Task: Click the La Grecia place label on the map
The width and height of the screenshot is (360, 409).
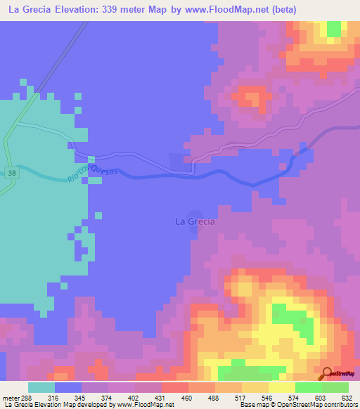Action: (x=195, y=221)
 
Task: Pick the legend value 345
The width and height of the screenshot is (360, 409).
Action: (x=82, y=398)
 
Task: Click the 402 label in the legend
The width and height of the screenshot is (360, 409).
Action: (x=135, y=398)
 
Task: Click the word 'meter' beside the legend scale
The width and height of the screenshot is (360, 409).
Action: (x=11, y=398)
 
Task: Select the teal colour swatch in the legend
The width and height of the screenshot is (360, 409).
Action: (x=41, y=387)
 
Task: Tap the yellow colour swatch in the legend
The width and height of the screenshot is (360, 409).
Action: (x=282, y=387)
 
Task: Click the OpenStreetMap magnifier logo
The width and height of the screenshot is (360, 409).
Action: (x=326, y=372)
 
